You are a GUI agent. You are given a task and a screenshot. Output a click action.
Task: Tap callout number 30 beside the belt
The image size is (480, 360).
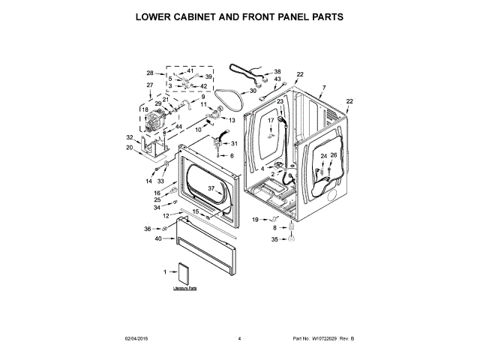(253, 91)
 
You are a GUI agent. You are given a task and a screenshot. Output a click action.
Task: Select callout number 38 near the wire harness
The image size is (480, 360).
(277, 70)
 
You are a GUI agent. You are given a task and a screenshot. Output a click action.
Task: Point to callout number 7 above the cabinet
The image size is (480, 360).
(323, 88)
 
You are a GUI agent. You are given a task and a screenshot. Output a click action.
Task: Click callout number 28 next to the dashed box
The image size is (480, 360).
(150, 73)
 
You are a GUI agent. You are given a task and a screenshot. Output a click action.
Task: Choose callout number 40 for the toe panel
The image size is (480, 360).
(158, 238)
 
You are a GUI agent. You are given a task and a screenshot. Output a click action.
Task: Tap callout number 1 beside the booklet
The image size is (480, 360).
(164, 271)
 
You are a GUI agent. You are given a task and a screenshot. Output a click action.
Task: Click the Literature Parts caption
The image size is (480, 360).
(184, 287)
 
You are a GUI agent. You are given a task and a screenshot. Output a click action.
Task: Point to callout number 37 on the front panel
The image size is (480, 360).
(211, 188)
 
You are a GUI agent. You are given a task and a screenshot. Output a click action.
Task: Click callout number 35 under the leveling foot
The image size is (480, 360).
(274, 239)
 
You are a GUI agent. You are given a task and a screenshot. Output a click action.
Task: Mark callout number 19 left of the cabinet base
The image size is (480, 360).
(254, 219)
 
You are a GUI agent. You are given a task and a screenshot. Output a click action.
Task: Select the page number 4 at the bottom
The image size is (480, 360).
(239, 339)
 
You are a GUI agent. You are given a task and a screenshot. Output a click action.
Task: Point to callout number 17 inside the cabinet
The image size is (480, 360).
(271, 120)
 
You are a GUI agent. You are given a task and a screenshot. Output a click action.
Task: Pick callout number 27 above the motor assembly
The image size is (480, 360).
(149, 85)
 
